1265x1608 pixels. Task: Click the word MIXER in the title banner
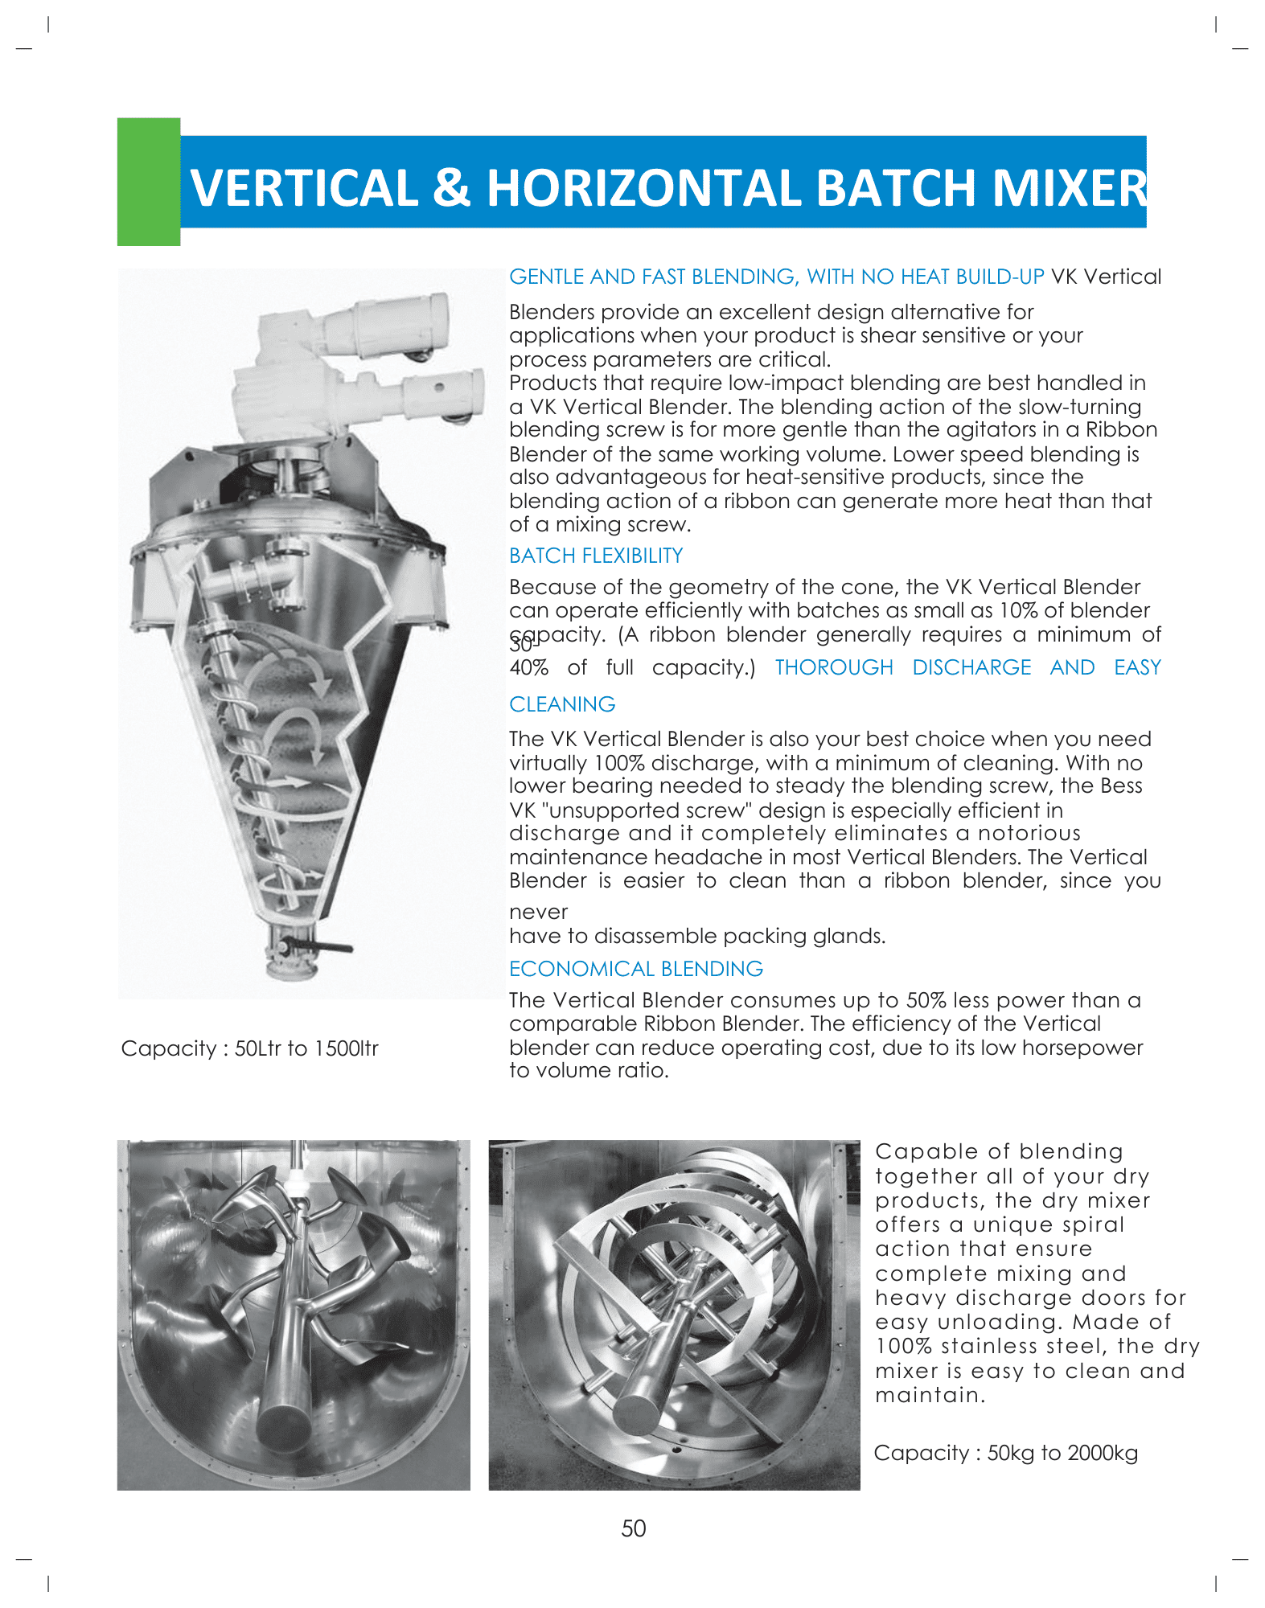(1069, 188)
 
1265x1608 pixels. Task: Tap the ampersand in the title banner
(451, 188)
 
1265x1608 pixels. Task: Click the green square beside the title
(149, 182)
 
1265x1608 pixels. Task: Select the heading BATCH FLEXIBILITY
(596, 556)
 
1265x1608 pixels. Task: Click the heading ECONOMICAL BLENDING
(636, 969)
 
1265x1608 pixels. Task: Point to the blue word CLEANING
(562, 704)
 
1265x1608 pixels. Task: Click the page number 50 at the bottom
(634, 1528)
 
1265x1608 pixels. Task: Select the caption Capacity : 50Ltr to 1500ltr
(249, 1048)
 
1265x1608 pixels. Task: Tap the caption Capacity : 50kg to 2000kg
(1005, 1453)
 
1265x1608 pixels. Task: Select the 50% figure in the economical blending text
(926, 1000)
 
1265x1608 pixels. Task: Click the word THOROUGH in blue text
(834, 667)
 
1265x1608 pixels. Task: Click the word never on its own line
(538, 912)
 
